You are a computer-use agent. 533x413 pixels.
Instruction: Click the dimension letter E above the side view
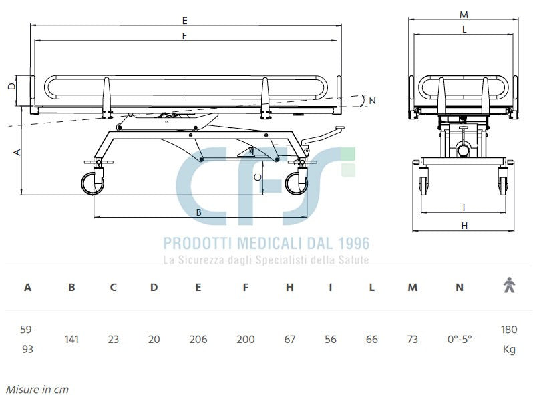click(x=185, y=21)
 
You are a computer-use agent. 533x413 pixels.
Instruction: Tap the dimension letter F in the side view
click(x=184, y=37)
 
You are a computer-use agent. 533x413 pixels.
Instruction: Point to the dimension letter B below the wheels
click(x=198, y=212)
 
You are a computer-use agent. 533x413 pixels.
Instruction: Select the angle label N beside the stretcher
click(x=373, y=101)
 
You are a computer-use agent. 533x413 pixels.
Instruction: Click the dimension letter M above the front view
click(x=464, y=14)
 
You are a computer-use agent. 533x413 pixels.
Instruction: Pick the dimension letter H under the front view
click(x=464, y=226)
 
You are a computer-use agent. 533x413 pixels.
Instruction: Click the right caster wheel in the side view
click(x=296, y=184)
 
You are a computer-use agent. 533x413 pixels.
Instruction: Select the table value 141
click(x=71, y=339)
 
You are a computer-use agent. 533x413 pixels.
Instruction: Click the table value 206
click(x=198, y=339)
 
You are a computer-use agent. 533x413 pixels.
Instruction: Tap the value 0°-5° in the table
click(x=459, y=339)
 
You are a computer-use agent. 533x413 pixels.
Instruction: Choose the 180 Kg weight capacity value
click(x=509, y=339)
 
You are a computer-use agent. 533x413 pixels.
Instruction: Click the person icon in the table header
click(x=509, y=286)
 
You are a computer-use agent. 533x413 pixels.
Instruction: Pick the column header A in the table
click(x=27, y=288)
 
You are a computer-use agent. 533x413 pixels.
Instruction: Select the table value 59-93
click(x=27, y=339)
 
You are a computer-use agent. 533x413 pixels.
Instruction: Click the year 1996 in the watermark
click(x=348, y=244)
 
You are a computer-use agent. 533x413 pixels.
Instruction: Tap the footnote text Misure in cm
click(x=37, y=389)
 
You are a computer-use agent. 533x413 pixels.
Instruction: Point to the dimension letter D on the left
click(x=11, y=86)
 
